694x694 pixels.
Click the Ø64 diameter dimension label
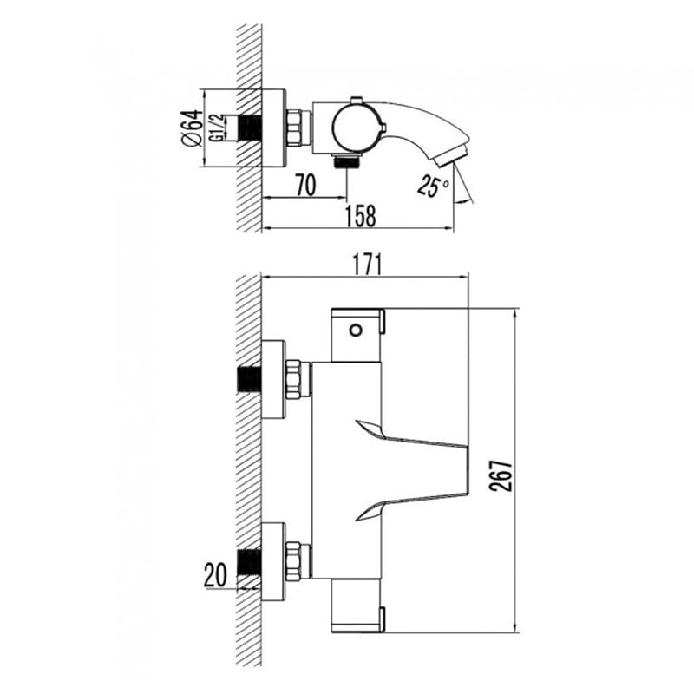pyautogui.click(x=192, y=128)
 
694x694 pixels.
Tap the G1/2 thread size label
pyautogui.click(x=217, y=128)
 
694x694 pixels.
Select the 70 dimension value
pyautogui.click(x=306, y=185)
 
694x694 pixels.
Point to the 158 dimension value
pyautogui.click(x=361, y=216)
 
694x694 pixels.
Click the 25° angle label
pyautogui.click(x=433, y=185)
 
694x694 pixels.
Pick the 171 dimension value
pyautogui.click(x=366, y=265)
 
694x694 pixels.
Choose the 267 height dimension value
pyautogui.click(x=501, y=475)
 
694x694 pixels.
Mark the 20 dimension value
pyautogui.click(x=215, y=575)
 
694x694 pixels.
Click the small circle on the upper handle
pyautogui.click(x=356, y=330)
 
